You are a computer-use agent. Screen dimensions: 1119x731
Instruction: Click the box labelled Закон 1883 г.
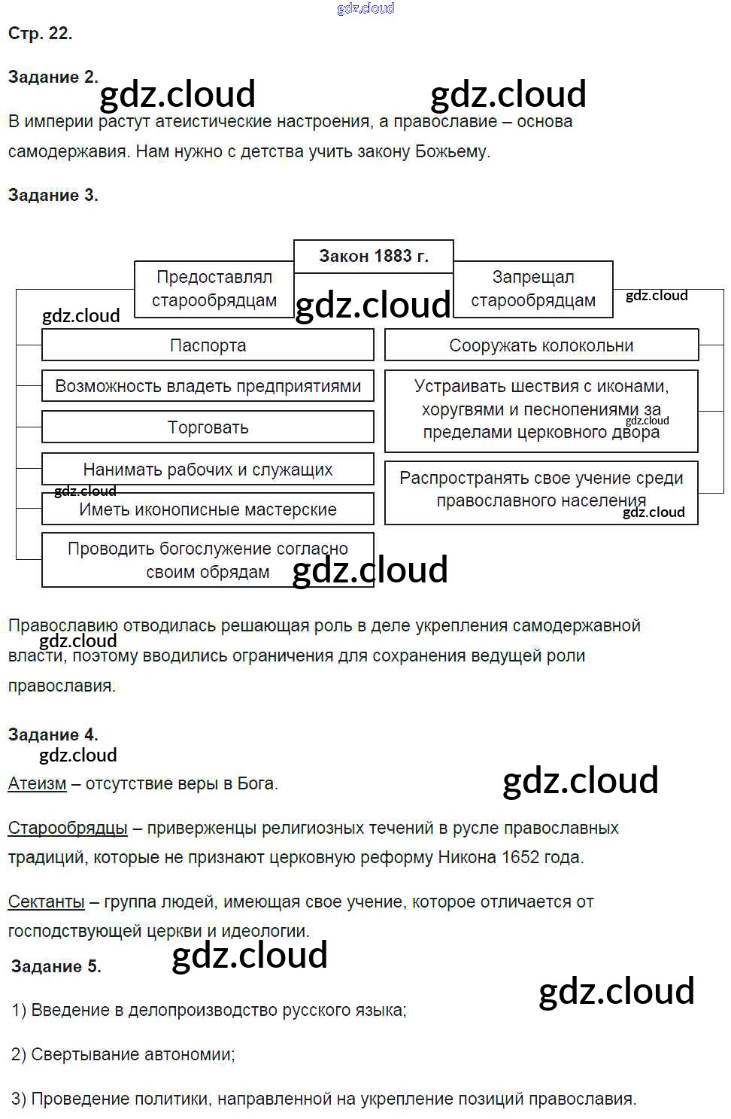click(373, 256)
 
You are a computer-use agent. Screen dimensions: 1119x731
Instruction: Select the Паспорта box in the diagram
click(208, 345)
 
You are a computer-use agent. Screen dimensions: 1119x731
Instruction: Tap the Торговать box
click(208, 427)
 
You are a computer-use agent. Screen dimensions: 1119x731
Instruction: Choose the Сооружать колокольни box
click(541, 345)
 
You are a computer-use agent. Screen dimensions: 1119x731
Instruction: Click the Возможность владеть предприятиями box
click(208, 386)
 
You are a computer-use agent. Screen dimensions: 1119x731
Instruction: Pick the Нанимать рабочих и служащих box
click(208, 470)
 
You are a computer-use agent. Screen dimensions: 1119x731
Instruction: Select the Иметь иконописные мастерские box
click(208, 509)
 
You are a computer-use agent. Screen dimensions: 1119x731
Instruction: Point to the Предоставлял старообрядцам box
click(214, 289)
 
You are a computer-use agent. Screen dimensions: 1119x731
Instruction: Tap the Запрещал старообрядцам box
click(532, 289)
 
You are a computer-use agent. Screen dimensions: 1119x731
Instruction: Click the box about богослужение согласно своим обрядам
click(208, 560)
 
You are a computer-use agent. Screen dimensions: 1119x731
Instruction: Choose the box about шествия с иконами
click(541, 409)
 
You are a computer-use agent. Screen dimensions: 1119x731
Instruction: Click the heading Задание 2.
click(53, 77)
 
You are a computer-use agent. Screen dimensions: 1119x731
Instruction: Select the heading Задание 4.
click(53, 734)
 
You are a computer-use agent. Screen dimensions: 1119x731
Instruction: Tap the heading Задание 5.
click(56, 966)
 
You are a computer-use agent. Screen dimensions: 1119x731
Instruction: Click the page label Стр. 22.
click(40, 33)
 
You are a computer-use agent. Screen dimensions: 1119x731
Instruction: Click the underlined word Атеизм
click(37, 783)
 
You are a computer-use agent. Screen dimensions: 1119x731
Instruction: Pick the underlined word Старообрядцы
click(68, 828)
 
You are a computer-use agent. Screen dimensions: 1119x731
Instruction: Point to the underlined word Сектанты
click(46, 902)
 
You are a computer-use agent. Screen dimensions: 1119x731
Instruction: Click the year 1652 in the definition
click(520, 857)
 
